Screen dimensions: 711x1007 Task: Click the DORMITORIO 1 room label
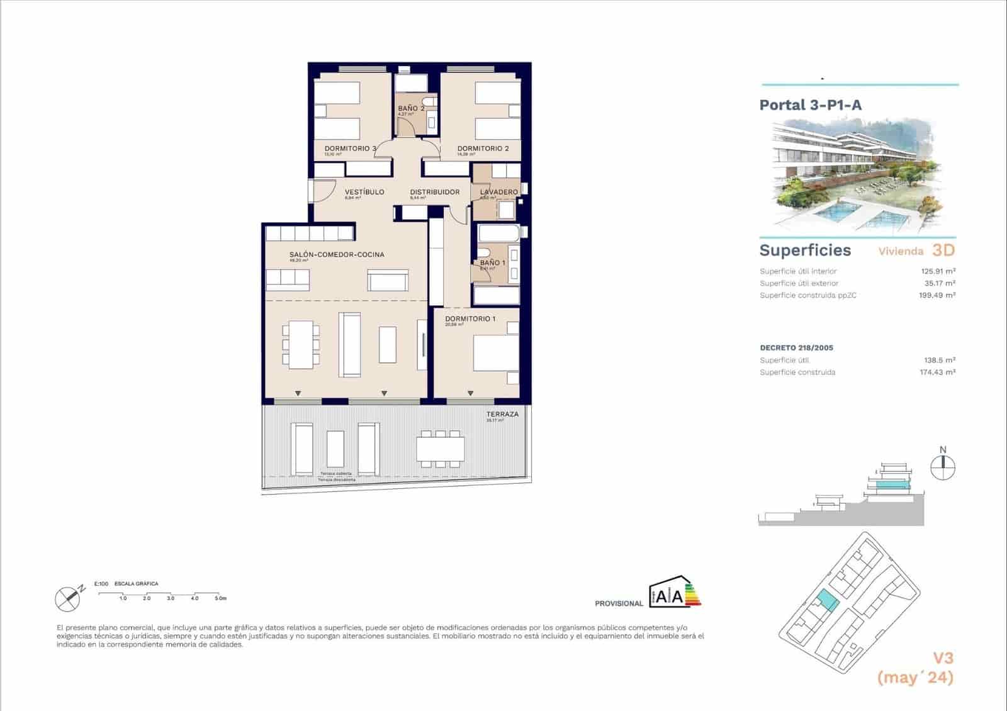click(x=470, y=318)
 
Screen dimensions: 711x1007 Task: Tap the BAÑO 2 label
click(x=411, y=108)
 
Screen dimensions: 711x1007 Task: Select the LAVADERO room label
click(x=498, y=192)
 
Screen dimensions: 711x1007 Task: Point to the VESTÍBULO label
click(x=364, y=192)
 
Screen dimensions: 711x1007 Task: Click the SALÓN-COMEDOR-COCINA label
click(x=336, y=255)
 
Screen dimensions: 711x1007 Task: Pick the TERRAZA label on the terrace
click(x=502, y=414)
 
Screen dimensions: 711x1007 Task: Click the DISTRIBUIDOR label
click(x=434, y=192)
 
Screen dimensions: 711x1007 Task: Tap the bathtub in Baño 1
click(x=499, y=234)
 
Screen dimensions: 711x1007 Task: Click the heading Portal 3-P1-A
click(x=810, y=105)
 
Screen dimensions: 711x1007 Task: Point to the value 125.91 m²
click(x=937, y=271)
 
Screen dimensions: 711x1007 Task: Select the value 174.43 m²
click(x=937, y=372)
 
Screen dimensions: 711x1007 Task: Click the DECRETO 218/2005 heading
click(x=796, y=347)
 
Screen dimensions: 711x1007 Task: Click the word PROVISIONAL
click(x=619, y=603)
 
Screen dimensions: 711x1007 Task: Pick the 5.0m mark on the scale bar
click(x=220, y=598)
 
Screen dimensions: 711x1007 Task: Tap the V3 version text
click(x=942, y=658)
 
